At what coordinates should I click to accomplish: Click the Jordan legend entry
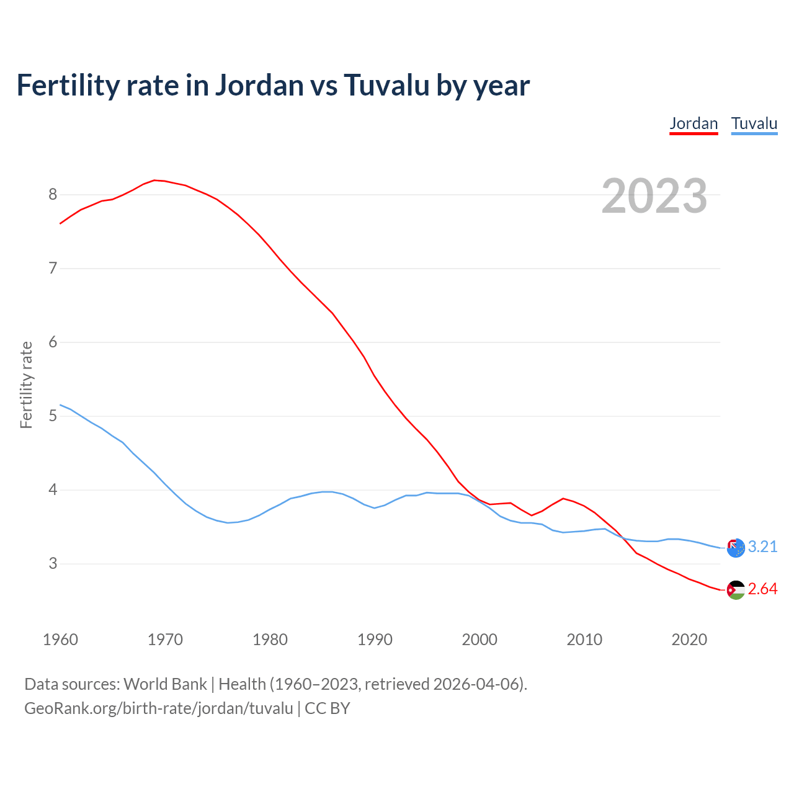[694, 123]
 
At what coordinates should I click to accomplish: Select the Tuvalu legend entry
[754, 123]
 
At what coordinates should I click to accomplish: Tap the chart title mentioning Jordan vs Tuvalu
[273, 85]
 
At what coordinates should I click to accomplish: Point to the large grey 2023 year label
[654, 196]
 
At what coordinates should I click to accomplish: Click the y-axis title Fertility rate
[26, 385]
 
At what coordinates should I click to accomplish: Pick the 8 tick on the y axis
[53, 195]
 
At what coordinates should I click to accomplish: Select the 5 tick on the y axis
[53, 416]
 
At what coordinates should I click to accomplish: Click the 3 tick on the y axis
[53, 564]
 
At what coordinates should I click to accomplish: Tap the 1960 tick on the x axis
[60, 640]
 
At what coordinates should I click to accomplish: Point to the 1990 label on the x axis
[375, 640]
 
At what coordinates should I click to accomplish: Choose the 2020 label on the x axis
[689, 640]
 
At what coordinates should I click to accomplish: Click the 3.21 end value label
[762, 546]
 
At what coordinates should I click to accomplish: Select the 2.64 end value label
[762, 589]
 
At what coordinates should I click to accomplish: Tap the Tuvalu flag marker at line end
[736, 548]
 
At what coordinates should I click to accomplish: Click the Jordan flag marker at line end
[736, 590]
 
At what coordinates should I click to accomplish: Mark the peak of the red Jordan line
[154, 180]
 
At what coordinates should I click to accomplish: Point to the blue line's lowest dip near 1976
[228, 522]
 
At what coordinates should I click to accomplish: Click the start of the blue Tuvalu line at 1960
[60, 405]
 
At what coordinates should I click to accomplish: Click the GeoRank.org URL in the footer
[158, 708]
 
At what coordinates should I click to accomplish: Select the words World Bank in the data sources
[165, 684]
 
